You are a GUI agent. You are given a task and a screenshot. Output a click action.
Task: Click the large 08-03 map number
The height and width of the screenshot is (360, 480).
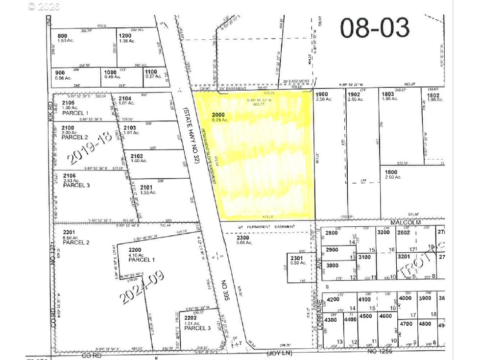(x=375, y=28)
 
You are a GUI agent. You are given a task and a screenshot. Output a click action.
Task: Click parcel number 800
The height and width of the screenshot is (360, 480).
(x=62, y=36)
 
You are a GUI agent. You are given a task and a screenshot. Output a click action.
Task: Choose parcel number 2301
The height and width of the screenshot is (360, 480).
(x=297, y=258)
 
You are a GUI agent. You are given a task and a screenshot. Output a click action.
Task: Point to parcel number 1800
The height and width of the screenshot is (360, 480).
(x=390, y=172)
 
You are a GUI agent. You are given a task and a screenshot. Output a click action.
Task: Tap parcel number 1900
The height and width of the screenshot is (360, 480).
(x=321, y=94)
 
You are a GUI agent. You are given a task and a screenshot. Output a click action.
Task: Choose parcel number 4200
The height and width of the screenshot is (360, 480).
(x=333, y=299)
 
